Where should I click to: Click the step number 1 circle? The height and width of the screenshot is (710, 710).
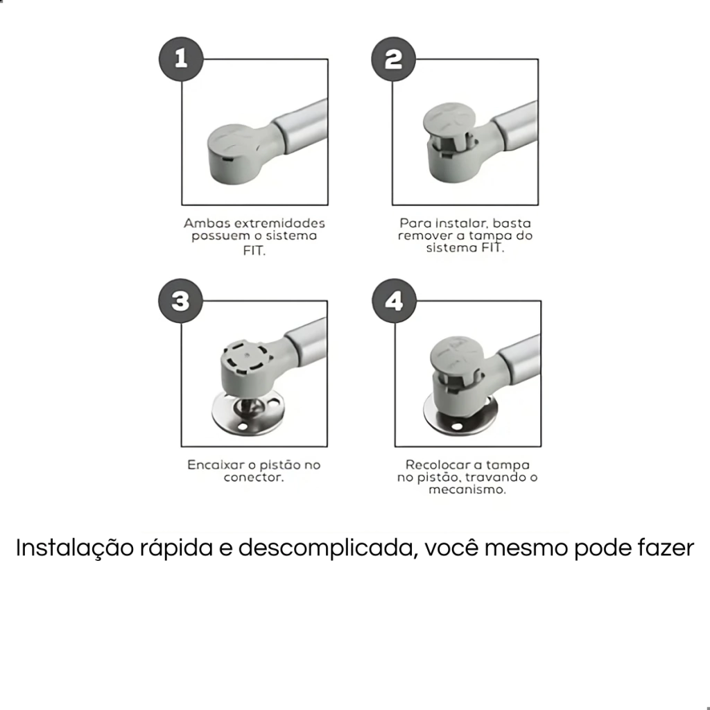tap(181, 60)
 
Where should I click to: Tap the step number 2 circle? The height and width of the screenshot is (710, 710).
tap(394, 60)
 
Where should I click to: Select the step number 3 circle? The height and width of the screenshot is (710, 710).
tap(181, 301)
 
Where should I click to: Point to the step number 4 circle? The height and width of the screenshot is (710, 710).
tap(395, 301)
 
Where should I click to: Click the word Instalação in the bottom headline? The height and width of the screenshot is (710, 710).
tap(75, 548)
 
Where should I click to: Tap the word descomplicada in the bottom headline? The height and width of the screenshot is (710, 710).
tap(326, 548)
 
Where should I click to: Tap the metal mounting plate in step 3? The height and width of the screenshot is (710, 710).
tap(248, 412)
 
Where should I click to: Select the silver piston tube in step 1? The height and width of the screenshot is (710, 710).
tap(301, 125)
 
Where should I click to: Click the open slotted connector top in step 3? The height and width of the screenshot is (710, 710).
tap(247, 358)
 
